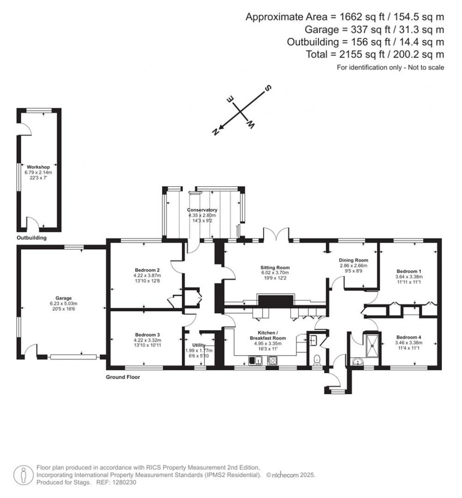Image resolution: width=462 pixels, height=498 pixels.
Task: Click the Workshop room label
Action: click(x=38, y=167)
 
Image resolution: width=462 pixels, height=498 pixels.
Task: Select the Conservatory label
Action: click(x=203, y=210)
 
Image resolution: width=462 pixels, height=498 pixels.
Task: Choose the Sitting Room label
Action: click(x=274, y=267)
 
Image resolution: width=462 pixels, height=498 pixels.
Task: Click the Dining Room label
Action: click(x=354, y=260)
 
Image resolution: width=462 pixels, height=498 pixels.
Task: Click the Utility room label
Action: click(x=199, y=345)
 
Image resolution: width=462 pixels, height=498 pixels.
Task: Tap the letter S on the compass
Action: click(x=267, y=88)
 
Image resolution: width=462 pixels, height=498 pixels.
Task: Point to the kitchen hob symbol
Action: click(x=273, y=360)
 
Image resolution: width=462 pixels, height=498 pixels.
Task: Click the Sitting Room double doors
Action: click(x=276, y=235)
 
